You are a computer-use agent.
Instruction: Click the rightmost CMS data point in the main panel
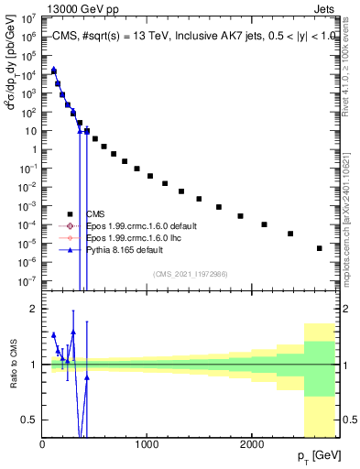click(x=319, y=248)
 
